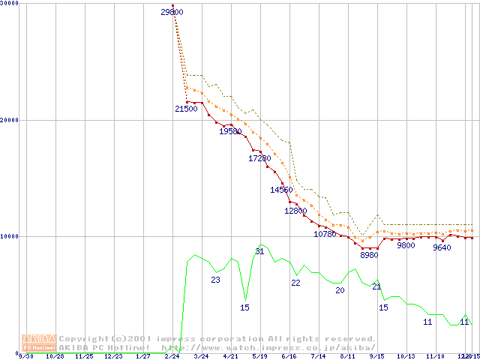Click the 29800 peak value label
(172, 12)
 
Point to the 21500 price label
(186, 109)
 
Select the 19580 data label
(230, 131)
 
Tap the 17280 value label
(259, 158)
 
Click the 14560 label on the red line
(281, 190)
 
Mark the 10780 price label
(325, 234)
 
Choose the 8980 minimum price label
(369, 255)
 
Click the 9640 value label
(442, 247)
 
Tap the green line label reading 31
(259, 251)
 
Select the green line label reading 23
(215, 280)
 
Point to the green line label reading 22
(295, 283)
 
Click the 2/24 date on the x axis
(172, 356)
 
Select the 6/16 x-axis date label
(289, 356)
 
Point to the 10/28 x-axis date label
(55, 356)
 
